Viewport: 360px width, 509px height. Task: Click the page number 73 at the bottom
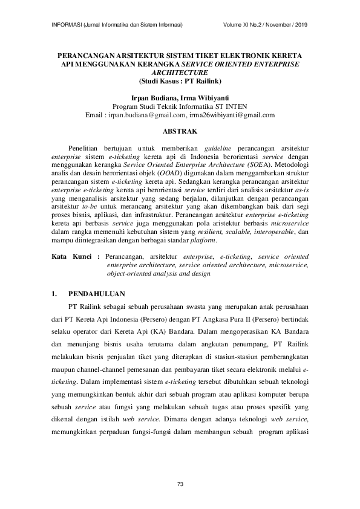tap(180, 484)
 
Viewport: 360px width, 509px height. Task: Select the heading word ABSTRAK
tap(180, 129)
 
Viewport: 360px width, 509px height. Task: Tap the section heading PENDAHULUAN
tap(97, 294)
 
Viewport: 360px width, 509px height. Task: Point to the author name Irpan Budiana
tap(155, 97)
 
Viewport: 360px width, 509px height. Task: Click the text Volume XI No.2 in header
tap(243, 25)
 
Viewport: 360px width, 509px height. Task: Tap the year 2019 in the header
tap(301, 25)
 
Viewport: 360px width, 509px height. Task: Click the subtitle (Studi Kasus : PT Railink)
tap(180, 80)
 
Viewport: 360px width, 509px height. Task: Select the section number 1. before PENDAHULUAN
tap(53, 294)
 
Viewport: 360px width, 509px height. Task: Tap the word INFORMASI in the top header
tap(64, 25)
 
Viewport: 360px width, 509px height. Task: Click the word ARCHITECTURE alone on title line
tap(180, 71)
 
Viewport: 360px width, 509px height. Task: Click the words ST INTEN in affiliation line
tap(230, 106)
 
